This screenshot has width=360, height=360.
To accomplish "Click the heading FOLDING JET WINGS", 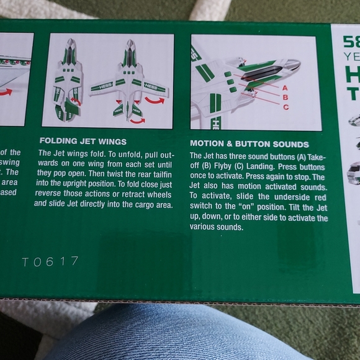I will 83,141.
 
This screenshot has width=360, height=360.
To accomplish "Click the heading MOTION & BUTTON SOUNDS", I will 249,145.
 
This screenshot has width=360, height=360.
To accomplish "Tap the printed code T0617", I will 50,262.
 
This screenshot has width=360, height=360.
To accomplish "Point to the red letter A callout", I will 286,88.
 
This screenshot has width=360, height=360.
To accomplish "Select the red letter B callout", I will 286,97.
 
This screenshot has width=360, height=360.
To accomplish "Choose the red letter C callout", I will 286,107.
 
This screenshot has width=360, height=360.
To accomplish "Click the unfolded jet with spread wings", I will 128,81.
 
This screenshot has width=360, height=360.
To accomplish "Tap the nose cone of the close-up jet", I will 292,64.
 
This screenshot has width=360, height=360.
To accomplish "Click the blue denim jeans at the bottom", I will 180,335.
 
